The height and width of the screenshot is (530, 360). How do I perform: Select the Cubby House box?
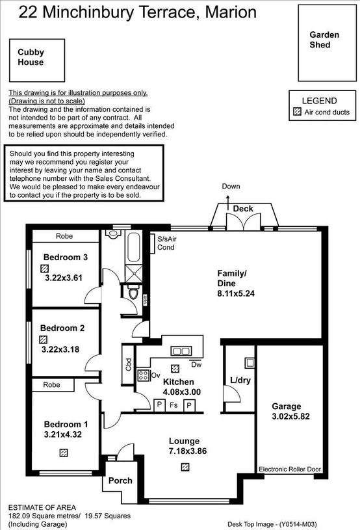pos(36,60)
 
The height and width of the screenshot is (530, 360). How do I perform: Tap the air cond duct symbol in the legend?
pos(298,113)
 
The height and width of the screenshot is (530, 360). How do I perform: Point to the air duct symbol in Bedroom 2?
pos(44,339)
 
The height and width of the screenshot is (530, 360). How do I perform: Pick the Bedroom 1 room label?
pos(66,424)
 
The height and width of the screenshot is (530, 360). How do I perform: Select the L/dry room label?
pos(240,380)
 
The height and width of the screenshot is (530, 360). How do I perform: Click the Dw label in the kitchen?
pos(196,364)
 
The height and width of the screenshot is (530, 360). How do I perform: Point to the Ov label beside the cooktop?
pos(155,375)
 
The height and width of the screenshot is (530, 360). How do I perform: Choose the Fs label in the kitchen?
pos(174,405)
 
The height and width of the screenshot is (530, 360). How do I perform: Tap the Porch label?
pos(120,481)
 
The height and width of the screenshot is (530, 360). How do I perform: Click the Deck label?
pos(243,209)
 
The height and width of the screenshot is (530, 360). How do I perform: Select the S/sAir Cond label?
pos(166,243)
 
